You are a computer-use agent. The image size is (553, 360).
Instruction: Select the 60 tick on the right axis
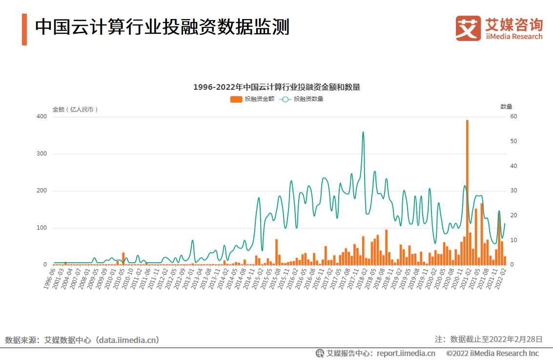513,116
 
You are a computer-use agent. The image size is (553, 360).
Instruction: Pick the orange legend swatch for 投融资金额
236,99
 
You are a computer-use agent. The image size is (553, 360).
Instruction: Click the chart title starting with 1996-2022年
276,87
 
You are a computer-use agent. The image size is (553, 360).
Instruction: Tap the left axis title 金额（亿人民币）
75,109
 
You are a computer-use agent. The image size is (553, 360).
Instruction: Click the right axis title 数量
506,106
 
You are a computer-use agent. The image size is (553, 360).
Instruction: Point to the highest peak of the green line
363,132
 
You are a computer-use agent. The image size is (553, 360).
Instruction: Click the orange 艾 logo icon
468,28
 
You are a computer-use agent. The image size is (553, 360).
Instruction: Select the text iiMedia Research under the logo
514,37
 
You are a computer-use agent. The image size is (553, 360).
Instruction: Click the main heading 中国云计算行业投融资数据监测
162,27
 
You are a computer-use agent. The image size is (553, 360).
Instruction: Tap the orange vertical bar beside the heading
24,29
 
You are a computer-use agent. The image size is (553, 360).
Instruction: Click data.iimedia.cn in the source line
128,340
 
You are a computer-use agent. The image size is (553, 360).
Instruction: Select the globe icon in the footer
320,353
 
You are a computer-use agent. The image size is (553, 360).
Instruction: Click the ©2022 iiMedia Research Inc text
492,353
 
